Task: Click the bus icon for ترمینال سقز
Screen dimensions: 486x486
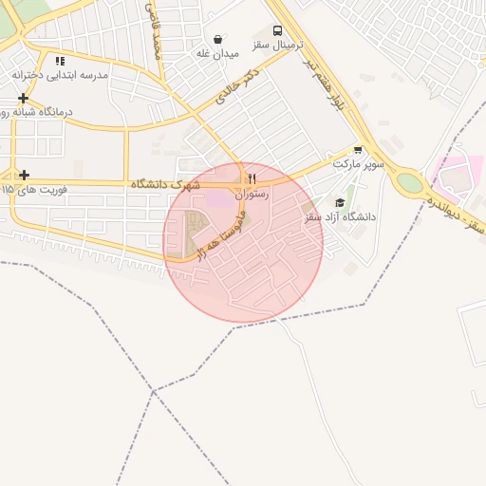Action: click(277, 29)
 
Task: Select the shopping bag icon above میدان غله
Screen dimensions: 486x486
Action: click(220, 40)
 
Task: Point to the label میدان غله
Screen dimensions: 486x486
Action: click(216, 54)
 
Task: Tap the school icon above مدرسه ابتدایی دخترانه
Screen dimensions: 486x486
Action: click(59, 61)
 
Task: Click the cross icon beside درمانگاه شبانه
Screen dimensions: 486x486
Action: click(23, 98)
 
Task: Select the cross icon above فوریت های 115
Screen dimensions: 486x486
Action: click(24, 175)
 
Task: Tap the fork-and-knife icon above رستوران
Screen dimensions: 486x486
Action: click(252, 178)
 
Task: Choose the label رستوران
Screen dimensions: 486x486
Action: click(252, 194)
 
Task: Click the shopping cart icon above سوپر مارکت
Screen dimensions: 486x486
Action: click(358, 149)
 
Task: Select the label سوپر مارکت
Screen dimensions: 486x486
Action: click(358, 164)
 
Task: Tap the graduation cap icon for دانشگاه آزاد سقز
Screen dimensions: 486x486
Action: click(340, 202)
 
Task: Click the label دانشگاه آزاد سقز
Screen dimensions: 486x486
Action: click(339, 217)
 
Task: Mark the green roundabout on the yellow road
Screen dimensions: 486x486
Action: click(409, 181)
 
